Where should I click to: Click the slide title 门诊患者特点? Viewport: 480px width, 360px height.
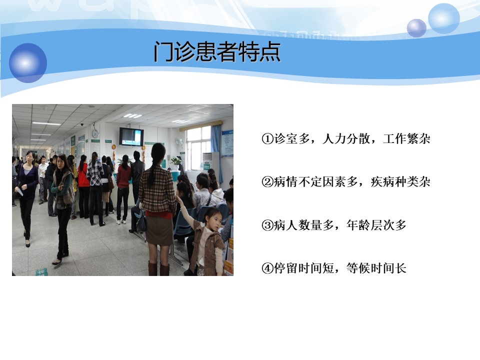click(217, 51)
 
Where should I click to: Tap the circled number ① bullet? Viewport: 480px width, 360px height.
click(267, 139)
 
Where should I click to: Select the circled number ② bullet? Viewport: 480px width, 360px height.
click(267, 182)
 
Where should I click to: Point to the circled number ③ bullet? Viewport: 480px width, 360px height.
click(267, 225)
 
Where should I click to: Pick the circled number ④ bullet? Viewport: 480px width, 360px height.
click(267, 268)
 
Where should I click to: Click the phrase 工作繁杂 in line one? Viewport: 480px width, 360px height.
click(406, 139)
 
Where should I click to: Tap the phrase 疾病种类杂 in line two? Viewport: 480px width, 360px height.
click(400, 182)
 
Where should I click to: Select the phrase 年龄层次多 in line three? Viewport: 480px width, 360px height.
click(376, 225)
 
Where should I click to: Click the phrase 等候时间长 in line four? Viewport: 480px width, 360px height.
click(376, 268)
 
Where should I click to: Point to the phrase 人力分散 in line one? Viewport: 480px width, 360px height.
click(346, 139)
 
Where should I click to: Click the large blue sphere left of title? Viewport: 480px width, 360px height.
click(28, 63)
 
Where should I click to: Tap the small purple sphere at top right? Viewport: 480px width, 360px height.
click(416, 28)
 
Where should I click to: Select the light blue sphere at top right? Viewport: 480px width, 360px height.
click(443, 19)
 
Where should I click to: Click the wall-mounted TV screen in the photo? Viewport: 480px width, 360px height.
click(131, 136)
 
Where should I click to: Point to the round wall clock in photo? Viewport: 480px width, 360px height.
click(95, 133)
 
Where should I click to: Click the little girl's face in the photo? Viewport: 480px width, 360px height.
click(214, 221)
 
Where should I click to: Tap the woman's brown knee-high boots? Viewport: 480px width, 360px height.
click(158, 268)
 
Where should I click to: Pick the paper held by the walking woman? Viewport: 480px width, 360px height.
click(19, 191)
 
